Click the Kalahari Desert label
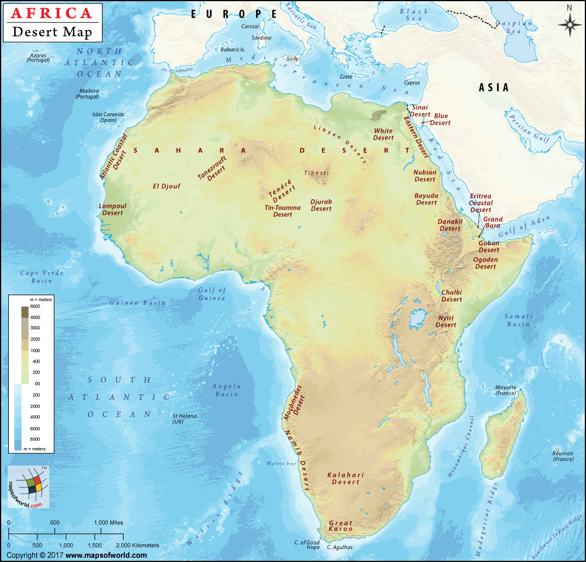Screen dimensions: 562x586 [x=345, y=478]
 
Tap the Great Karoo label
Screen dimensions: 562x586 [x=340, y=526]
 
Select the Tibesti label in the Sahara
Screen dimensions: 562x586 [x=316, y=173]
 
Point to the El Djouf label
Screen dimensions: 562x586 [x=166, y=187]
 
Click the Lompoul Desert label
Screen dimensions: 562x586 [x=113, y=209]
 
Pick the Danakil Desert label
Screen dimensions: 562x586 [x=450, y=225]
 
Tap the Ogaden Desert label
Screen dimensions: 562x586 [x=485, y=263]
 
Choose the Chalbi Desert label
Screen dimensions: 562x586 [x=452, y=296]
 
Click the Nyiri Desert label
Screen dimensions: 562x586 [x=446, y=321]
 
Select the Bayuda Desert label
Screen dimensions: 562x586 [x=426, y=199]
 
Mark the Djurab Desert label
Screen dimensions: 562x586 [x=321, y=205]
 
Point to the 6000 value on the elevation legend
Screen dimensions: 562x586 [x=35, y=307]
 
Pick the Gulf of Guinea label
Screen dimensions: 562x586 [x=212, y=294]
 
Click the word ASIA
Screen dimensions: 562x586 [x=494, y=87]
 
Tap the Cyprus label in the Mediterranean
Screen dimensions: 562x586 [x=412, y=83]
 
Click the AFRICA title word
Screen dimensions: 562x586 [x=52, y=13]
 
